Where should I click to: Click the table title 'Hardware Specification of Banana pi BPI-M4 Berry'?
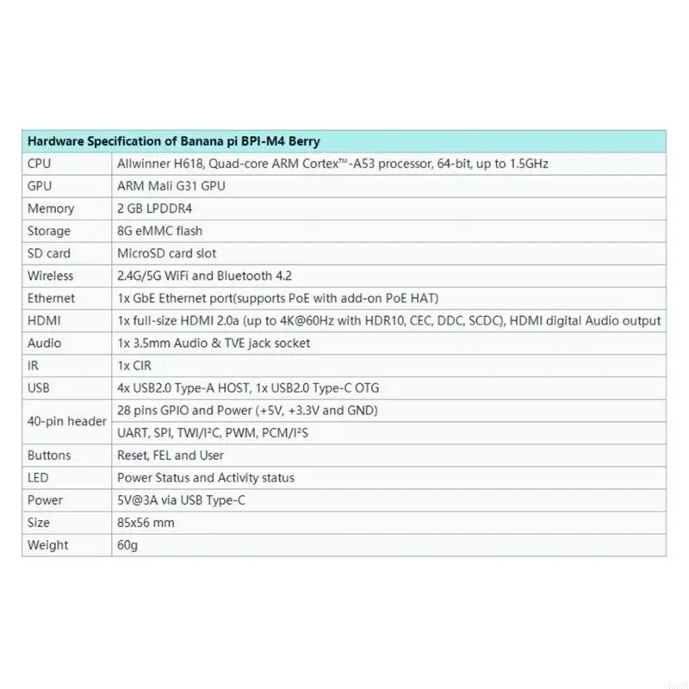[x=174, y=141]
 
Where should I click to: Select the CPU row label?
[x=40, y=164]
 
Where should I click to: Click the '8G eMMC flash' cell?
[x=159, y=231]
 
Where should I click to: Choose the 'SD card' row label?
[x=49, y=253]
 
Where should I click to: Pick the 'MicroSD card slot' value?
[x=166, y=253]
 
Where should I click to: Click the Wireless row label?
[x=50, y=276]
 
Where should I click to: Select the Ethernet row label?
[x=51, y=298]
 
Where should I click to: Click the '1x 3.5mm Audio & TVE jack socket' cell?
[x=214, y=343]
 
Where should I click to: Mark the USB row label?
[x=39, y=388]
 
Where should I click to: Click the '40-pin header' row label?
[x=67, y=421]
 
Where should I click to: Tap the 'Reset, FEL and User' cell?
[x=169, y=455]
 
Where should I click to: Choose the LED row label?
[x=37, y=477]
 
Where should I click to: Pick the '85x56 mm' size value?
[x=146, y=522]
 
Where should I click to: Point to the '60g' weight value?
[x=127, y=544]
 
